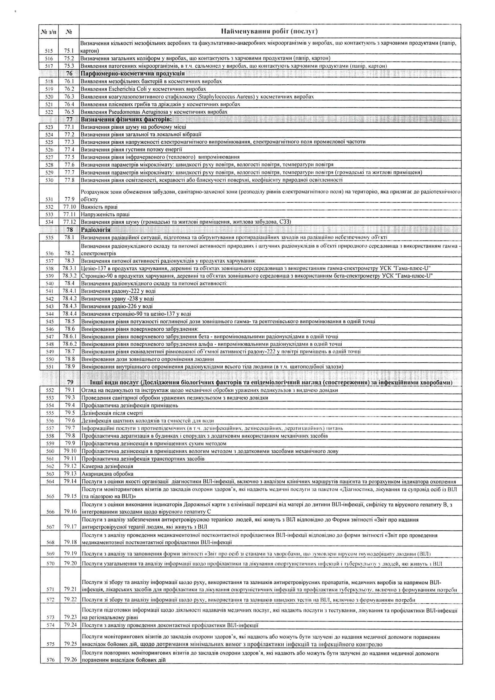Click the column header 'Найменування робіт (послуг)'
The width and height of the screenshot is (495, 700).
pyautogui.click(x=269, y=31)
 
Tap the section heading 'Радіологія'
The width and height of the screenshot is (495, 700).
pyautogui.click(x=96, y=230)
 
